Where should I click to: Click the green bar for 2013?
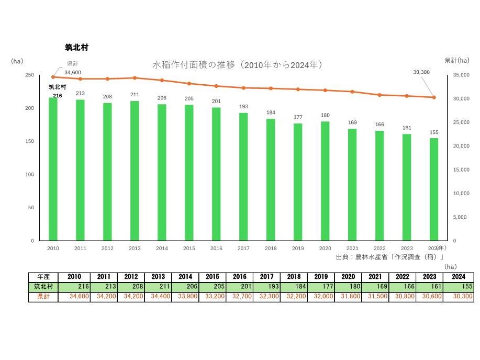click(135, 171)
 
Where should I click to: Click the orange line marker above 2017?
click(243, 88)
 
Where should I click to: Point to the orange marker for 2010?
click(53, 77)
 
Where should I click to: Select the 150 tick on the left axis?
click(30, 141)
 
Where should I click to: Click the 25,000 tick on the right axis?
click(461, 122)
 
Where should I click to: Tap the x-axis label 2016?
click(216, 249)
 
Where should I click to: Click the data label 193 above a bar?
click(243, 107)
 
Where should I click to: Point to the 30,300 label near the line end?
click(421, 72)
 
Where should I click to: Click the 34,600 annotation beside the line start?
click(73, 72)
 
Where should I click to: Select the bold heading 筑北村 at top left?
click(73, 47)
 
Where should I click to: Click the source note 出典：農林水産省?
click(389, 257)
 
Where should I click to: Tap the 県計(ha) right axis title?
click(456, 61)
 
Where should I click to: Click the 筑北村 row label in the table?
click(44, 287)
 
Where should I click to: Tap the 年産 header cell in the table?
click(44, 277)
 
